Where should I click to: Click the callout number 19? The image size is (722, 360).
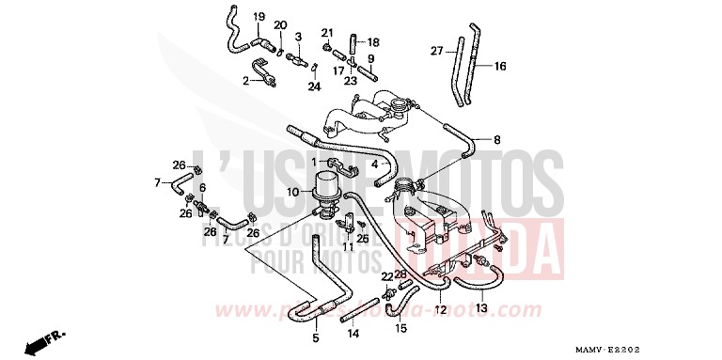pos(258,18)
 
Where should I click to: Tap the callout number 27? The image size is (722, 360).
pos(437,51)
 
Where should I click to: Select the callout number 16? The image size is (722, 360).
pos(500,66)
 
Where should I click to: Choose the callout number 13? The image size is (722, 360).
pos(480,308)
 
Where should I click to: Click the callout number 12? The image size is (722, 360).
pos(441,308)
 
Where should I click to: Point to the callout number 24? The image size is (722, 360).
pos(315,86)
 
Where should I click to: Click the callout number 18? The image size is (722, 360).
pos(373,42)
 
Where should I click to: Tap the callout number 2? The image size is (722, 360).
pos(245,82)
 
